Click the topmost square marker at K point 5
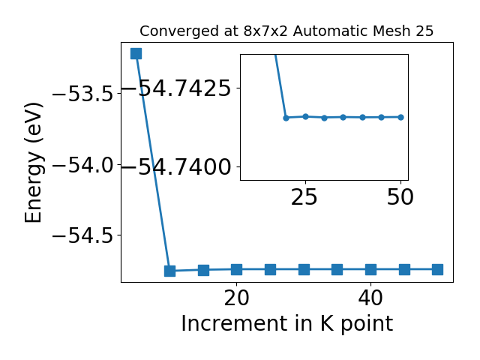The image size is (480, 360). coord(136,53)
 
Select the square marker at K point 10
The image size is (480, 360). coord(169,271)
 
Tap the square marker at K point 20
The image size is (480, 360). coord(237,270)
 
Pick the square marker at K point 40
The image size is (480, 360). coord(370,270)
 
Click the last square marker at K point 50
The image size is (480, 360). coord(438,270)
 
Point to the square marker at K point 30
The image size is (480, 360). coord(304,270)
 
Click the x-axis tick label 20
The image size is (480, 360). coord(237,298)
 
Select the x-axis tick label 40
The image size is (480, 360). coord(370,298)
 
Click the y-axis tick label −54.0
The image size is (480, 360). coord(83,165)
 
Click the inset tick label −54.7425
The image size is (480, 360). coord(176,88)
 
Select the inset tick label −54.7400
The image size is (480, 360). coord(176,167)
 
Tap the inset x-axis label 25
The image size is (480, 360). coord(304,197)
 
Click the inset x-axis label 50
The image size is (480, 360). coord(400,197)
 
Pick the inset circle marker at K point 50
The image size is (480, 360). coord(401,117)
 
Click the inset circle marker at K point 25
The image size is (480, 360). coord(305,116)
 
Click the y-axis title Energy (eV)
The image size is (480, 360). coord(33,163)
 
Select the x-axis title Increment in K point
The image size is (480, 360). coord(287,324)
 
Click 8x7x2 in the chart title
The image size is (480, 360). coord(265,31)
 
